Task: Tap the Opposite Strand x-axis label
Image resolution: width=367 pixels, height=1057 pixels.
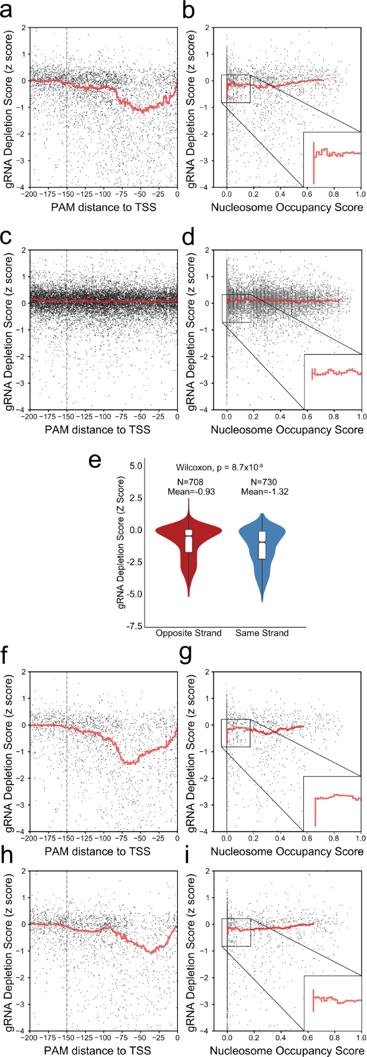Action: pos(189,633)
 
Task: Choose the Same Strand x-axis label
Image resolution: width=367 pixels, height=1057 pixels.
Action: pos(262,633)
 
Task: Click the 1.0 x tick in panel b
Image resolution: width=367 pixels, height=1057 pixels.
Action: pos(361,194)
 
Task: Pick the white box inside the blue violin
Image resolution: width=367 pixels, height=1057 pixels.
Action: pos(262,545)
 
